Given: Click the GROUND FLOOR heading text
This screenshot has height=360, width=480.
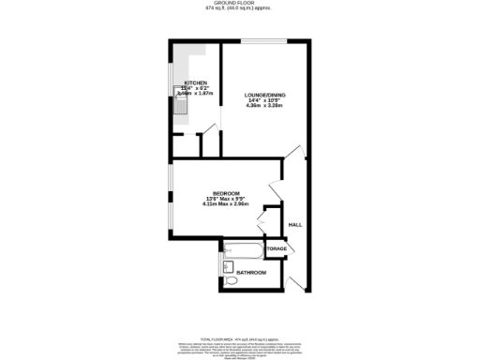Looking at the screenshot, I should [239, 5].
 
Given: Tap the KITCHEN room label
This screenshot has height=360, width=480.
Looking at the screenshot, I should [194, 82].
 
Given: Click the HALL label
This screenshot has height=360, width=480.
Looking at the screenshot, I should [294, 225].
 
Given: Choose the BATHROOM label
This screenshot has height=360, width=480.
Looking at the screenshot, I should [250, 272].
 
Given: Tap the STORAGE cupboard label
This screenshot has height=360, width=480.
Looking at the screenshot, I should [276, 248].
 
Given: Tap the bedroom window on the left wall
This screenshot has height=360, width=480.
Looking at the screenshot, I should [170, 197].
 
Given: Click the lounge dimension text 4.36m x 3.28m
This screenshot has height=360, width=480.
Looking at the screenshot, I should [263, 106].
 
